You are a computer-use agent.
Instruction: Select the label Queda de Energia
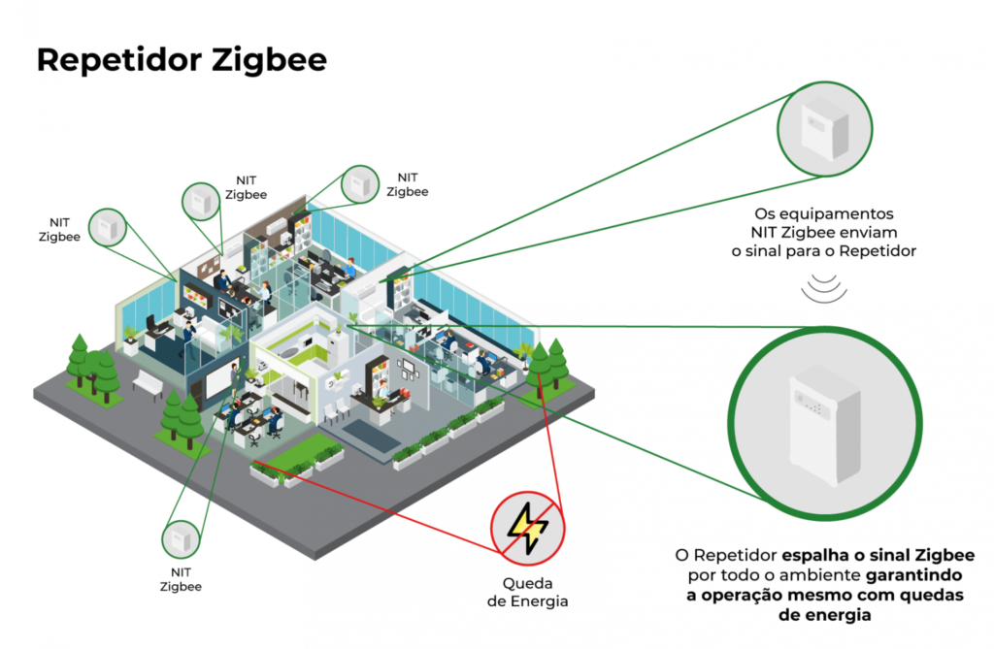527,593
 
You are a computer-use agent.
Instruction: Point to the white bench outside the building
148,384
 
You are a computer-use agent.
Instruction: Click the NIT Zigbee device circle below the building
180,538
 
